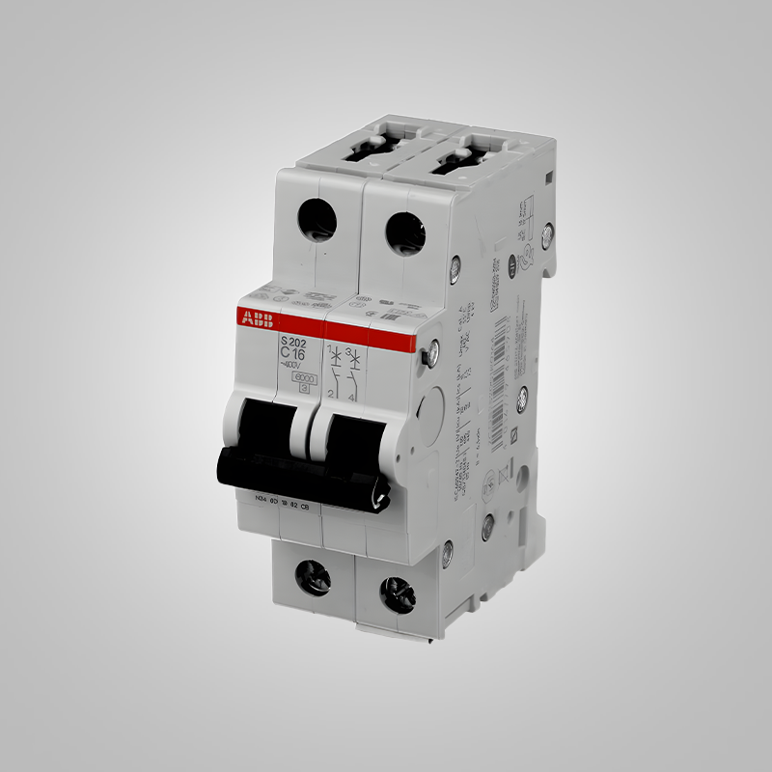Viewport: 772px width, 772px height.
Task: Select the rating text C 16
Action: (291, 354)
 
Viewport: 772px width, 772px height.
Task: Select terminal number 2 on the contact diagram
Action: (330, 396)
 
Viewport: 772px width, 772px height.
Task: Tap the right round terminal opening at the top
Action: (405, 233)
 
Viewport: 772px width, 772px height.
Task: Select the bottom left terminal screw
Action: (315, 576)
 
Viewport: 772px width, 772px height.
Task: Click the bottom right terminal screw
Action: (397, 589)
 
